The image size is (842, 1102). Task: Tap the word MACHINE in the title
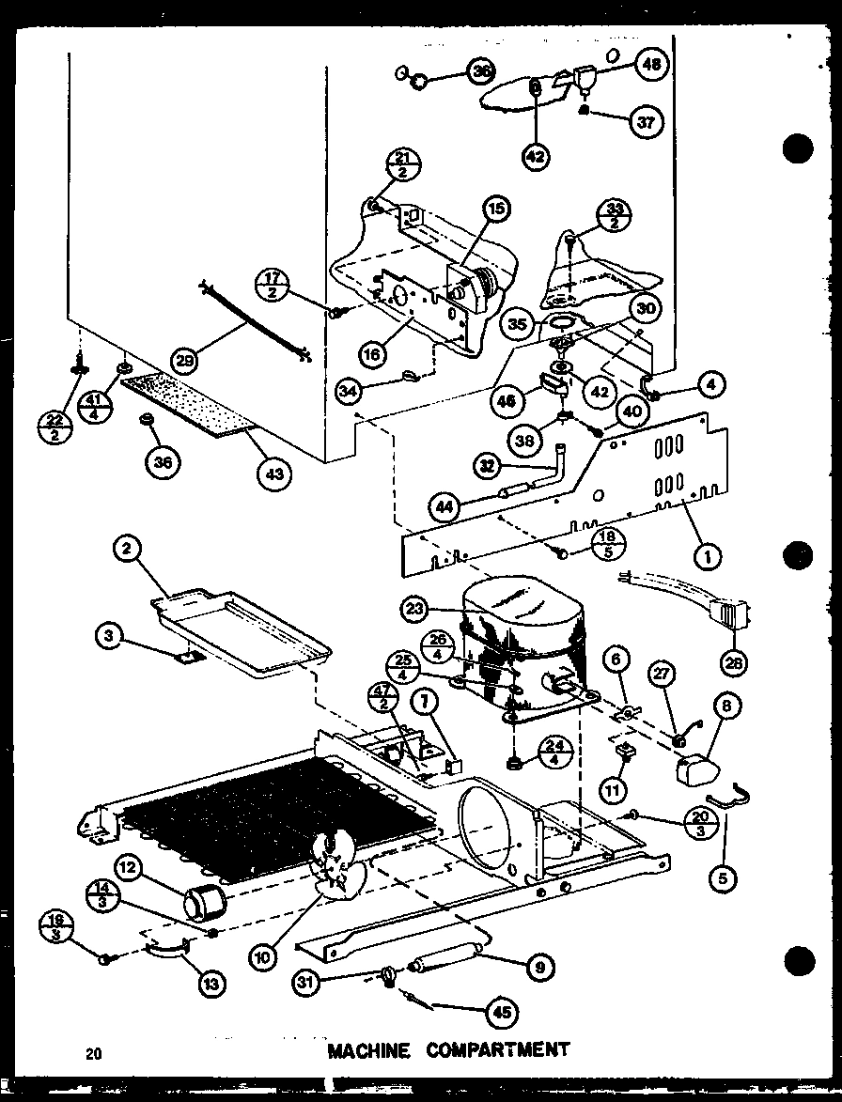click(x=368, y=1048)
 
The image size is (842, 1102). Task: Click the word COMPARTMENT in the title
click(x=498, y=1048)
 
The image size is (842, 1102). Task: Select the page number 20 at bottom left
click(x=94, y=1053)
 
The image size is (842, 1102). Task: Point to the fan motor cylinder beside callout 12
click(x=204, y=904)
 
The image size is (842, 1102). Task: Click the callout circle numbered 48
click(x=650, y=64)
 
